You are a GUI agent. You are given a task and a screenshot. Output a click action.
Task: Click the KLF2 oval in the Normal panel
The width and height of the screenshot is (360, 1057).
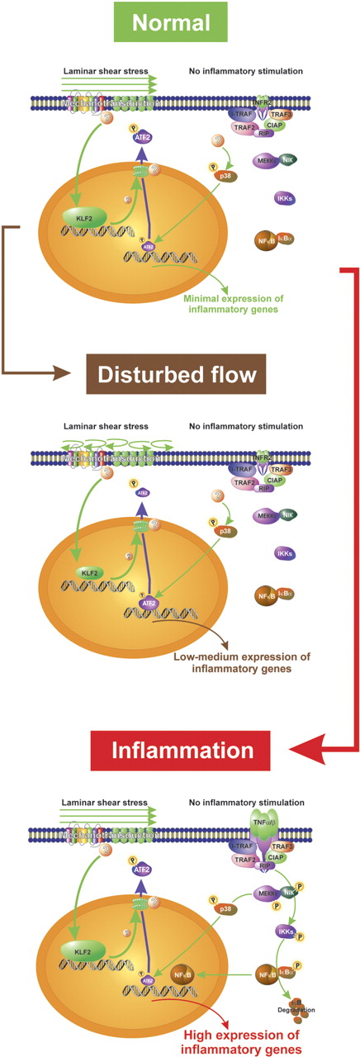tap(79, 216)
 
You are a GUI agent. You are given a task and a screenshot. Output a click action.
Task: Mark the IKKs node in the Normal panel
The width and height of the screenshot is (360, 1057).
tap(287, 198)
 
